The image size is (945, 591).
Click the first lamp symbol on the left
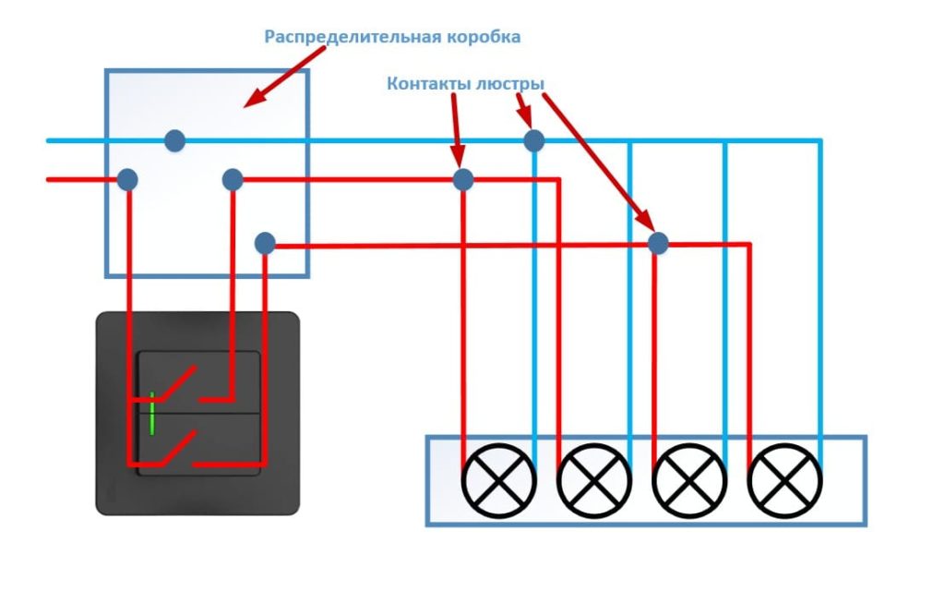coord(498,481)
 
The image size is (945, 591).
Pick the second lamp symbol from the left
coord(594,481)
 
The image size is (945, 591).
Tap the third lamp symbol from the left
coord(689,481)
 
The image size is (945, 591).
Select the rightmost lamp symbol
coord(784,481)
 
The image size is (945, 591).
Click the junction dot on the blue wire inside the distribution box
coord(174,141)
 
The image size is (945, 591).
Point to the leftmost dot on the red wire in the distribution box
coord(127,179)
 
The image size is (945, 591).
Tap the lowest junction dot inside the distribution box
coord(265,244)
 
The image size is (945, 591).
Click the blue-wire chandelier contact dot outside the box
coord(533,140)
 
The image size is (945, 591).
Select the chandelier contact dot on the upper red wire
coord(463,179)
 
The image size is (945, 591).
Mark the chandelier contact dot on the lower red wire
coord(657,244)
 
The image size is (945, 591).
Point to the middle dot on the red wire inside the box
coord(233,179)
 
